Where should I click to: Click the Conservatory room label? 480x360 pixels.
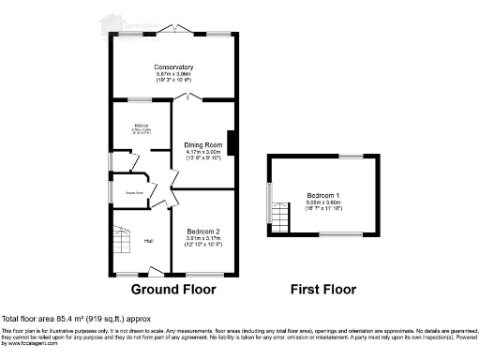(x=173, y=67)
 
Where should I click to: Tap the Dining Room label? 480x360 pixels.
(x=202, y=143)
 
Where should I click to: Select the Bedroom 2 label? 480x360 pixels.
(x=202, y=232)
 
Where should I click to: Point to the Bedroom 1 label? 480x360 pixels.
(x=324, y=193)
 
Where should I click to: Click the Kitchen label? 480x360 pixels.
(x=142, y=125)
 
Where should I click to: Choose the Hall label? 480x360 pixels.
(x=148, y=241)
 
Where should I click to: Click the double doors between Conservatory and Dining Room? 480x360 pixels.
(x=190, y=97)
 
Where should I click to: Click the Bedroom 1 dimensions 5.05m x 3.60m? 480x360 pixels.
(x=324, y=202)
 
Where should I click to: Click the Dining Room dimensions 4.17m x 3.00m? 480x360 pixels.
(x=202, y=151)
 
